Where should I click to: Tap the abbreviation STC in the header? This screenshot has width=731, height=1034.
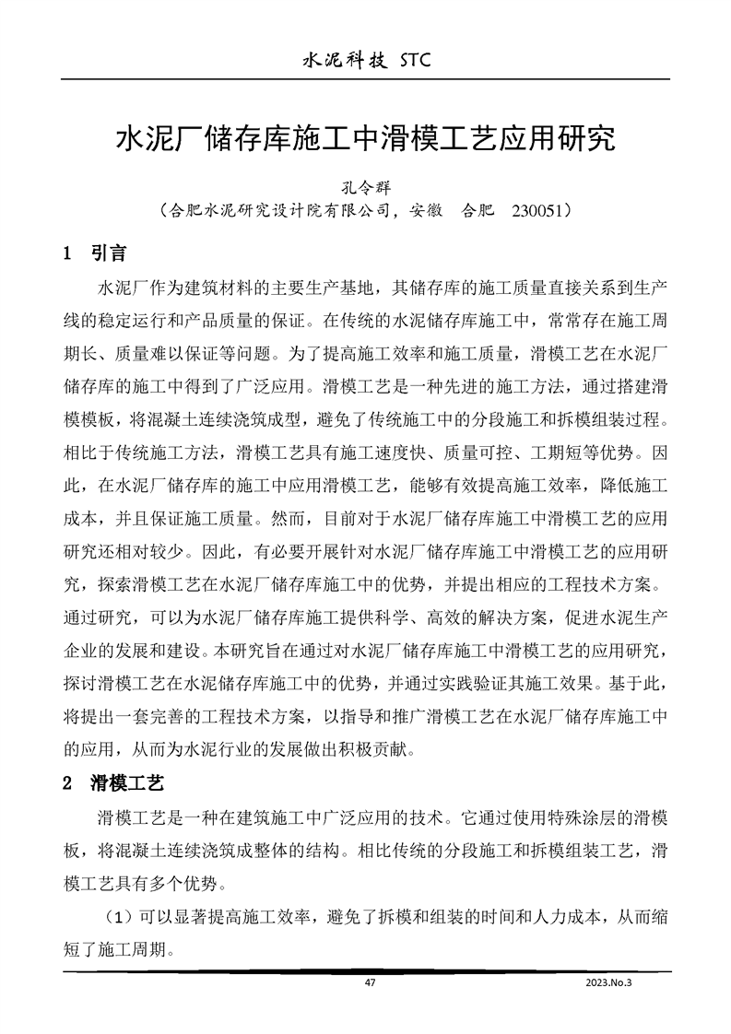[412, 61]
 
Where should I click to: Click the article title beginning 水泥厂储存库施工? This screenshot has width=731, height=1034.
[364, 141]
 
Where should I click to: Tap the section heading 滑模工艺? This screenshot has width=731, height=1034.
[127, 784]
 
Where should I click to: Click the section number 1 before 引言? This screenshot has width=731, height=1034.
[66, 253]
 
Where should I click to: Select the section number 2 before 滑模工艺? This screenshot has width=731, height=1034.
[66, 784]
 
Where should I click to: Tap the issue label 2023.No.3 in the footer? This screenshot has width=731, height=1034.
[608, 982]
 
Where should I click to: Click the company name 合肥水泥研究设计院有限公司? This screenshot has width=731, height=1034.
[277, 211]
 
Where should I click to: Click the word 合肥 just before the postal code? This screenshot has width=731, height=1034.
[478, 211]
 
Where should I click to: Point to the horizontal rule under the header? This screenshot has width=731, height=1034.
[365, 81]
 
